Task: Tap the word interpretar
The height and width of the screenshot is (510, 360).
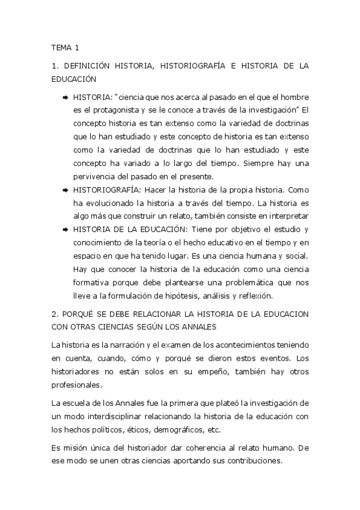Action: (x=291, y=216)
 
